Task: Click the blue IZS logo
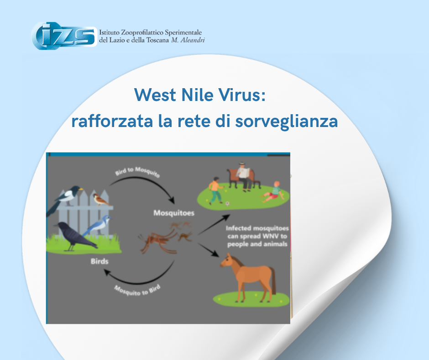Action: click(64, 36)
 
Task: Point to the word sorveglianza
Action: click(287, 121)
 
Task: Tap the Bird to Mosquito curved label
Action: click(137, 172)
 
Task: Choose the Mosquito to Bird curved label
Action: click(137, 290)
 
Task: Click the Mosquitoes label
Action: click(174, 213)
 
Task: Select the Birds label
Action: click(99, 261)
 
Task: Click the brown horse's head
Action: click(226, 260)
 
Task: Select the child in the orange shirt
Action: click(216, 190)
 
